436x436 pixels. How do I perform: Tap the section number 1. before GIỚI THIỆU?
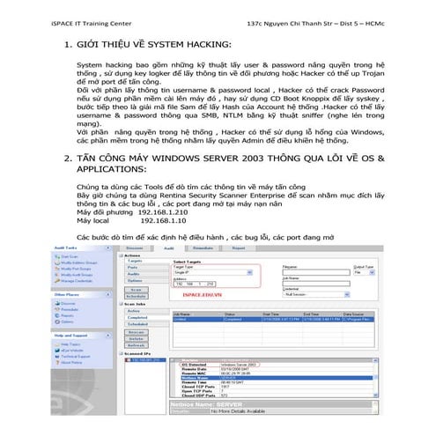[x=69, y=42]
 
